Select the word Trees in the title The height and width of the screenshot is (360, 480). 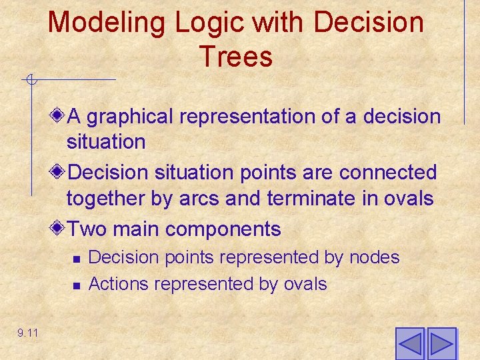click(235, 57)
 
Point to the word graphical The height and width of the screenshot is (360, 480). click(130, 117)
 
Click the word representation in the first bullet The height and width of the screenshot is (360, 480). click(247, 117)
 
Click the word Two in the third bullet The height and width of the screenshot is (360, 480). click(89, 229)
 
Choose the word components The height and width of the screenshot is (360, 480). click(223, 230)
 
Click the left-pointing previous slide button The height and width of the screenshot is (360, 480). click(409, 344)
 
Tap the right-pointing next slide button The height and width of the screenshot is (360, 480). click(441, 344)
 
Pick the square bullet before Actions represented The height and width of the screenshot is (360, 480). click(77, 285)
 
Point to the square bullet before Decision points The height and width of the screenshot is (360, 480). click(77, 259)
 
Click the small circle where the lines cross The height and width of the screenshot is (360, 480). click(30, 81)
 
